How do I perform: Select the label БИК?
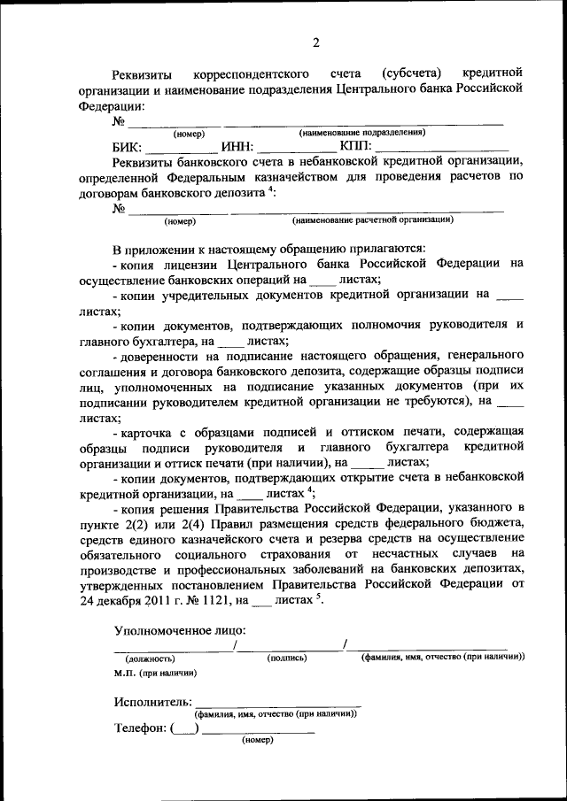pos(128,147)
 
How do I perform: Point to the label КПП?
pos(356,147)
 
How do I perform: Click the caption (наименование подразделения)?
pos(361,133)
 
